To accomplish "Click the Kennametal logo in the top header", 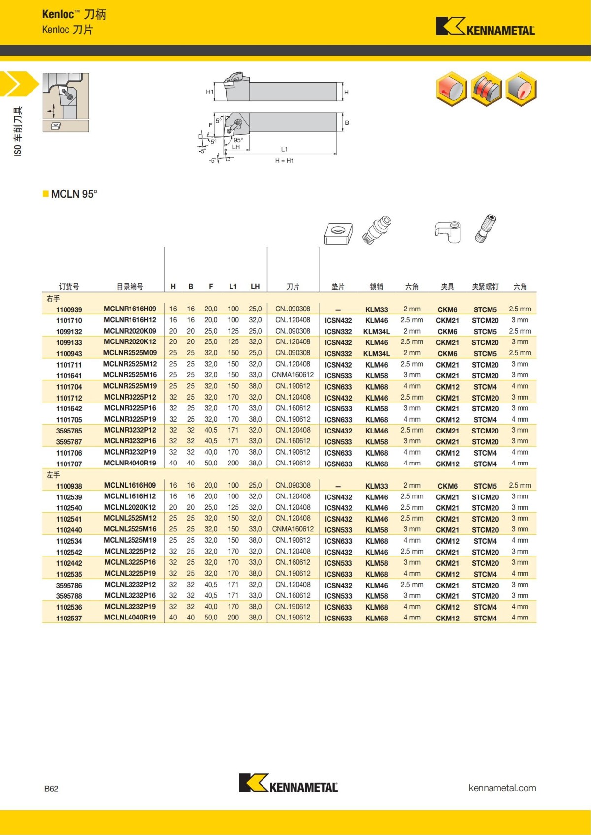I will tap(485, 27).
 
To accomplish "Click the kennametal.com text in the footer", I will tap(502, 788).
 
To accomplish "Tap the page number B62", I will tap(51, 789).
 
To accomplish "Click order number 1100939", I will tap(69, 309).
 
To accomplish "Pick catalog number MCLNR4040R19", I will tap(130, 463).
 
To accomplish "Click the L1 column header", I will tap(233, 286).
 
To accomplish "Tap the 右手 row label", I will tap(53, 299).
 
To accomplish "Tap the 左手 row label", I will tap(53, 475).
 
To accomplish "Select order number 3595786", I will tap(69, 585).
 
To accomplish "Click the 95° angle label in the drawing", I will tap(238, 140).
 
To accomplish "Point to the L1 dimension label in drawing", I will tap(284, 149).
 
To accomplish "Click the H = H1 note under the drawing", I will tap(284, 161).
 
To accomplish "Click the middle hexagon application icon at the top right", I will tap(486, 89).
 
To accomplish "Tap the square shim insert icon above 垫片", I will tap(338, 233).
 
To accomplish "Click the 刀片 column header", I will tap(293, 286).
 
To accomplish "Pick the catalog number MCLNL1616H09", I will tap(130, 485).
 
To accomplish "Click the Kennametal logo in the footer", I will tap(288, 783).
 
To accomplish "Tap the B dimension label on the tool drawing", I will tap(347, 123).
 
